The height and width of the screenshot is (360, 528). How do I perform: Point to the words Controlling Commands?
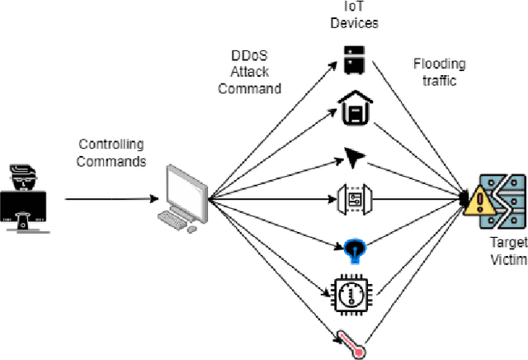coord(111,153)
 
